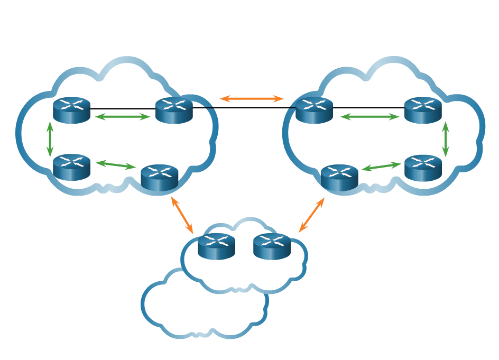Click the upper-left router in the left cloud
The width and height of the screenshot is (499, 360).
(x=72, y=110)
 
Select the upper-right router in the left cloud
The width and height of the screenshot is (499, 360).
(x=174, y=110)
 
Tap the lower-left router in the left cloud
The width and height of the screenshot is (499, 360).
(x=72, y=167)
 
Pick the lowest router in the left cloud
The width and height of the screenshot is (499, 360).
(x=159, y=177)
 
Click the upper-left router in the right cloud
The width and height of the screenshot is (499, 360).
(x=314, y=110)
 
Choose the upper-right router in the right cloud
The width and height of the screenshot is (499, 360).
(x=423, y=110)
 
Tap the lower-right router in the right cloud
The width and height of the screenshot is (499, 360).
(x=423, y=168)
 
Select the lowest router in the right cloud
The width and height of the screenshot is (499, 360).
(x=339, y=177)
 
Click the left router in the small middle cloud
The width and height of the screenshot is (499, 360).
(x=216, y=246)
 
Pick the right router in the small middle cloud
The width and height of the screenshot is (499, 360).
(x=272, y=246)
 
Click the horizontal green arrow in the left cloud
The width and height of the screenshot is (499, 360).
(x=123, y=117)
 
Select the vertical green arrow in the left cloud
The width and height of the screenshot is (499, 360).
(x=50, y=139)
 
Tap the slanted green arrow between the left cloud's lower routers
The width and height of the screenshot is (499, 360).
(x=116, y=165)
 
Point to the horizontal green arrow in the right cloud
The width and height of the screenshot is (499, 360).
(x=369, y=117)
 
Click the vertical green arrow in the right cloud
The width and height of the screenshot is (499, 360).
(x=446, y=139)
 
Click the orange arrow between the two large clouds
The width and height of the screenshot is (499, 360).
(x=252, y=99)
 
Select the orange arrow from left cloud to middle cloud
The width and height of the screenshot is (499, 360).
(x=182, y=215)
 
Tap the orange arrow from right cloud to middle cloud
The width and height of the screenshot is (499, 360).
(x=312, y=215)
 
